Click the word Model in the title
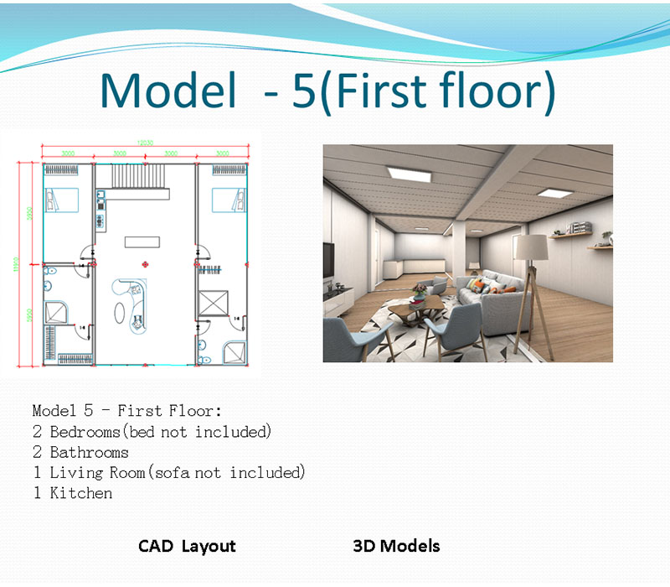(167, 91)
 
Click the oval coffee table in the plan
(121, 312)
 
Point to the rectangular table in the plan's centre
(141, 242)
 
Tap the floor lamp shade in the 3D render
(528, 247)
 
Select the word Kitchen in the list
(81, 493)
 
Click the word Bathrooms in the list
(90, 452)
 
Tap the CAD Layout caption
(187, 546)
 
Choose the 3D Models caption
(396, 546)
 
